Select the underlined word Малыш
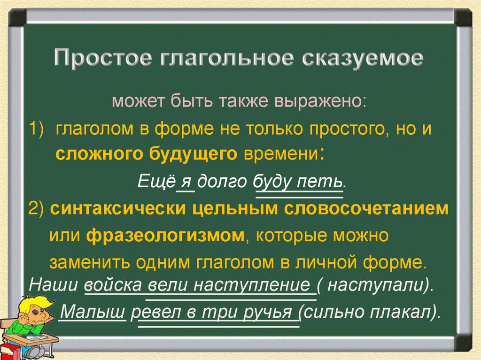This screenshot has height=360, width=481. [x=94, y=311]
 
